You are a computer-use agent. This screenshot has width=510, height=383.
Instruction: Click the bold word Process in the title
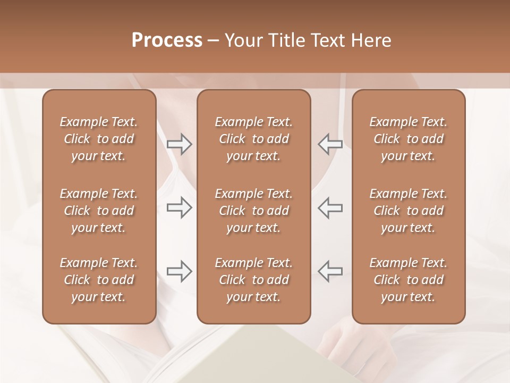(x=167, y=40)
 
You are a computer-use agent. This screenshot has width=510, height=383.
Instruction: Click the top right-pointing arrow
(x=180, y=144)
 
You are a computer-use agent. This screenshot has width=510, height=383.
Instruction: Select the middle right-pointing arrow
(x=180, y=207)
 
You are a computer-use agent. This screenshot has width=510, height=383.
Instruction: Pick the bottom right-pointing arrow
(x=180, y=271)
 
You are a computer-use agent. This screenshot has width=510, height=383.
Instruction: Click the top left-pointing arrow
(x=330, y=144)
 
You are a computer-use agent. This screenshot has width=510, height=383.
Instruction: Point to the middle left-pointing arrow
(x=330, y=207)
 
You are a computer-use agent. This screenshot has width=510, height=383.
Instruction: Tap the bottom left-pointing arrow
(x=330, y=271)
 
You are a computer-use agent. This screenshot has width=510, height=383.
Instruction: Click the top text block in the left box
(x=99, y=139)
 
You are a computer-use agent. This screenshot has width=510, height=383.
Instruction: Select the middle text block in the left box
(x=99, y=211)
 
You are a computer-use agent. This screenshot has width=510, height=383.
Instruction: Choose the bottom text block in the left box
(x=99, y=280)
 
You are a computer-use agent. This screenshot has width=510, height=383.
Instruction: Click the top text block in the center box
(x=254, y=139)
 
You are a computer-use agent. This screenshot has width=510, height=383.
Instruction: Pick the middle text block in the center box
(x=254, y=211)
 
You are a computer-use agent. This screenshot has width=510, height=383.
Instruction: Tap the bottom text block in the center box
(x=254, y=280)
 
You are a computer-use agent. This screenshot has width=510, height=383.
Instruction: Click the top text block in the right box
(x=409, y=139)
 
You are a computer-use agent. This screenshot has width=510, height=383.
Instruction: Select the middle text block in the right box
(x=409, y=211)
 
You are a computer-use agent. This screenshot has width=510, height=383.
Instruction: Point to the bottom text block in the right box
(x=409, y=280)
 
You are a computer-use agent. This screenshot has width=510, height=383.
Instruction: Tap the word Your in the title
(x=242, y=40)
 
